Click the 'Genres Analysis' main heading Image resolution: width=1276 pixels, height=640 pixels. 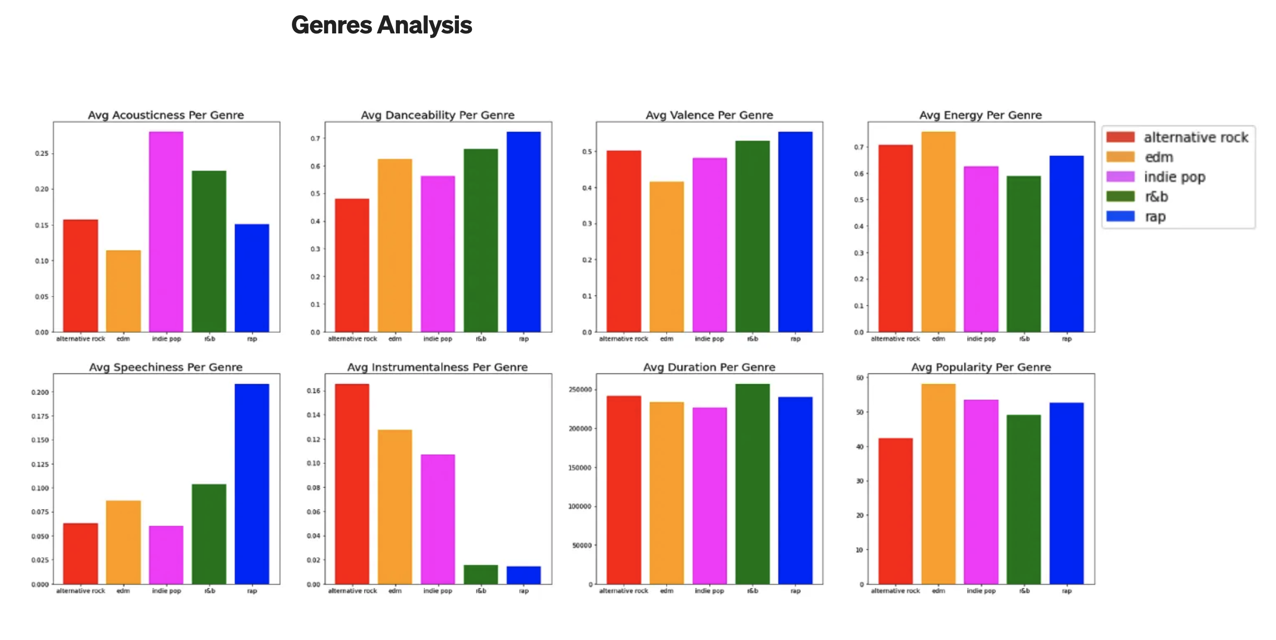(381, 25)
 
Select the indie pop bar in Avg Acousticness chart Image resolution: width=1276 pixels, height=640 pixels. (166, 232)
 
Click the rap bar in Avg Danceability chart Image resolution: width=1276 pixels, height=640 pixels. (524, 232)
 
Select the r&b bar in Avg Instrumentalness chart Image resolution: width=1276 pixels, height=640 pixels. (481, 574)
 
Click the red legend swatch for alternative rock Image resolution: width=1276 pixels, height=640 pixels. (1120, 137)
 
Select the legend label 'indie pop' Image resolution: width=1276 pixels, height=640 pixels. (1175, 177)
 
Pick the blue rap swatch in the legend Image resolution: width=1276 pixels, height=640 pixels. (1120, 217)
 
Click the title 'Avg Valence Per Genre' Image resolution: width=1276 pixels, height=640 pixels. (709, 115)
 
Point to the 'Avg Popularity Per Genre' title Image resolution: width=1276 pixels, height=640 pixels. (981, 367)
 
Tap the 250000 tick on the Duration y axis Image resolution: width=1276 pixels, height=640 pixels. (580, 390)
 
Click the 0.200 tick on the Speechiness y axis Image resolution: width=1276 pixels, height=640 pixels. (40, 392)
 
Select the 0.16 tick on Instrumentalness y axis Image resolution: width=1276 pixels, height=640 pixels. (313, 391)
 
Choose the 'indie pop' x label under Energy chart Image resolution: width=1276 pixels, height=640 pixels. (981, 339)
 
